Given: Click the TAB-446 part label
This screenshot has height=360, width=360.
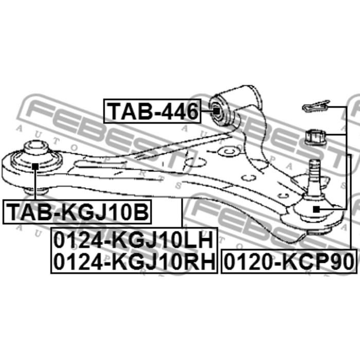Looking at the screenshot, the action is [152, 111].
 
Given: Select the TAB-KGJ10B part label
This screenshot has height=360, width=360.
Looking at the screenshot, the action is [77, 212].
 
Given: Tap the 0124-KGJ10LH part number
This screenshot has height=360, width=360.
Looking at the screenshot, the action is [134, 240].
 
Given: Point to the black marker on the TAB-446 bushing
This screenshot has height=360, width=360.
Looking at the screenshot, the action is [215, 111].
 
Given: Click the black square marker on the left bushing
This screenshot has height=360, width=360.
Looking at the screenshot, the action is [35, 166].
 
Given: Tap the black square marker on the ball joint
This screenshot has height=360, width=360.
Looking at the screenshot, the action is [316, 209].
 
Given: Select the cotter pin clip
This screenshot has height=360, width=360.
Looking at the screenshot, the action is [316, 106].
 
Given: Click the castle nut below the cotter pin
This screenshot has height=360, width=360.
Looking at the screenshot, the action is [315, 137].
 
